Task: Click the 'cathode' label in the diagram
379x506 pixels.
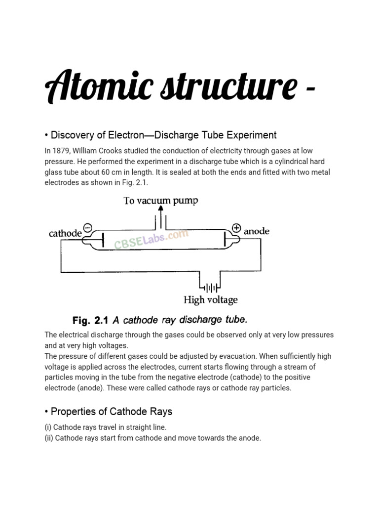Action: (65, 234)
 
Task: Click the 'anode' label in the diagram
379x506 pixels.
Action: (257, 231)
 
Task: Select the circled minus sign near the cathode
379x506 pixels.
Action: (87, 228)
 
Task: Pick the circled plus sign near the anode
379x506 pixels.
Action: (236, 228)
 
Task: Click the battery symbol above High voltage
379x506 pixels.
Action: (210, 287)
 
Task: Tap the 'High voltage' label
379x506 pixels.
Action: (210, 300)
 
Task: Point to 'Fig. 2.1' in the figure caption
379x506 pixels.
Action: (90, 320)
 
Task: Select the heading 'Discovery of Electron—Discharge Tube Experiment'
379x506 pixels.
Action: (160, 135)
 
